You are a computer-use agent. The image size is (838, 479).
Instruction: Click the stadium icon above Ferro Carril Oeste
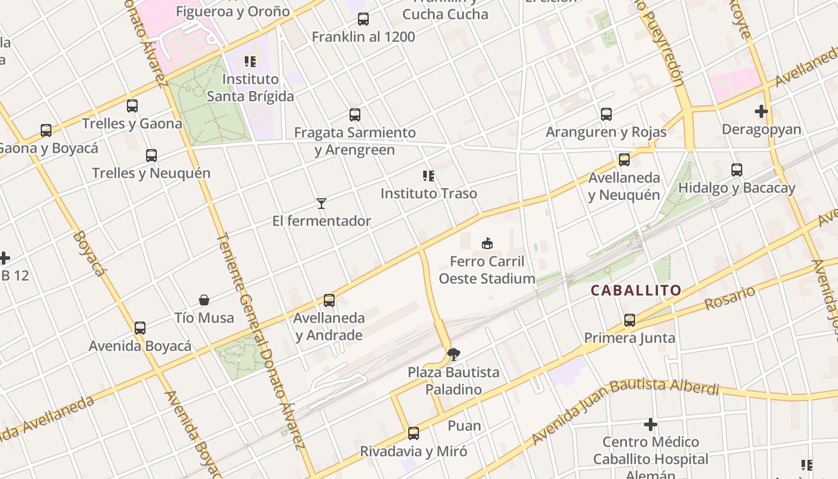point(487,244)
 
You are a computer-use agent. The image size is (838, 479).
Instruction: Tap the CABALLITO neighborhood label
point(636,290)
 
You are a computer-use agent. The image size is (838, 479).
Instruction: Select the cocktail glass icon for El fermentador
point(321,204)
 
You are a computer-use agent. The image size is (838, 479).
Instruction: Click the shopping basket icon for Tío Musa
point(204,300)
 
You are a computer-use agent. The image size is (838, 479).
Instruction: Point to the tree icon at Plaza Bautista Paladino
point(454,354)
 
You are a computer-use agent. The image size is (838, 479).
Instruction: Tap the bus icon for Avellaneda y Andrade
point(329,301)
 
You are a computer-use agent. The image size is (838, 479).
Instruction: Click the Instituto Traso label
point(429,193)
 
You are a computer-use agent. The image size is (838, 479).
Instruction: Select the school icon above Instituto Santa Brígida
point(250,62)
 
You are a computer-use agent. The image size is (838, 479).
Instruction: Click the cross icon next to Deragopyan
point(761,111)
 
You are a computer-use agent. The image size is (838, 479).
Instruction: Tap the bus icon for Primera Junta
point(629,320)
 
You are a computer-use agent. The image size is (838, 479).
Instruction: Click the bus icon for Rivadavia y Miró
point(413,433)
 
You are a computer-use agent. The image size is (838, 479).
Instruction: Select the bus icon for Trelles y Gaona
point(132,106)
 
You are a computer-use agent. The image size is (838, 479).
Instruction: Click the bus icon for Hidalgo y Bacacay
point(736,170)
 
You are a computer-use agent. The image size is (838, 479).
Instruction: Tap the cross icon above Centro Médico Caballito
point(650,425)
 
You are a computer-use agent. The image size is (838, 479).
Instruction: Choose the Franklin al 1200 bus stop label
point(363,37)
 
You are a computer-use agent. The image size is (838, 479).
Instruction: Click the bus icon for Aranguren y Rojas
point(606,114)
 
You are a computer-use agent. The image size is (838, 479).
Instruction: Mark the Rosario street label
point(730,298)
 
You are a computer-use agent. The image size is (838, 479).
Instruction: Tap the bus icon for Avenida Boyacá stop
point(140,328)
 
